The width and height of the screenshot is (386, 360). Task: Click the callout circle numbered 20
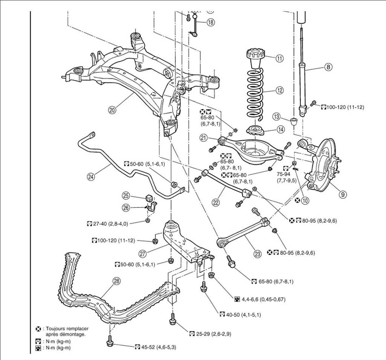coord(112,110)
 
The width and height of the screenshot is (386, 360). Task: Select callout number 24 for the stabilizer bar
coord(90,175)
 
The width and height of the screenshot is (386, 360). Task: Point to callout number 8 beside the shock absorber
coord(328,67)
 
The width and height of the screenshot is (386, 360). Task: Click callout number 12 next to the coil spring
coord(279,90)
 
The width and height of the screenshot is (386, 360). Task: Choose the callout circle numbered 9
coord(342,195)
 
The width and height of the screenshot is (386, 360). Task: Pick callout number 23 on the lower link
coord(257,254)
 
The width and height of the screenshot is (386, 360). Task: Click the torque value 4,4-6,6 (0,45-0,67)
coord(263,299)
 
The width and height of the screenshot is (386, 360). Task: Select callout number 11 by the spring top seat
coord(279,58)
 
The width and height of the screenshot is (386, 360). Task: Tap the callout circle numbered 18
coord(210,22)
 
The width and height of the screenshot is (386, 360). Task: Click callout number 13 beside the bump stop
coord(277,116)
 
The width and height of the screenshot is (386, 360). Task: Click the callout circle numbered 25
coord(126,195)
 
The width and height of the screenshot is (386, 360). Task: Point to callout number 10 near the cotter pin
coord(305,201)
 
